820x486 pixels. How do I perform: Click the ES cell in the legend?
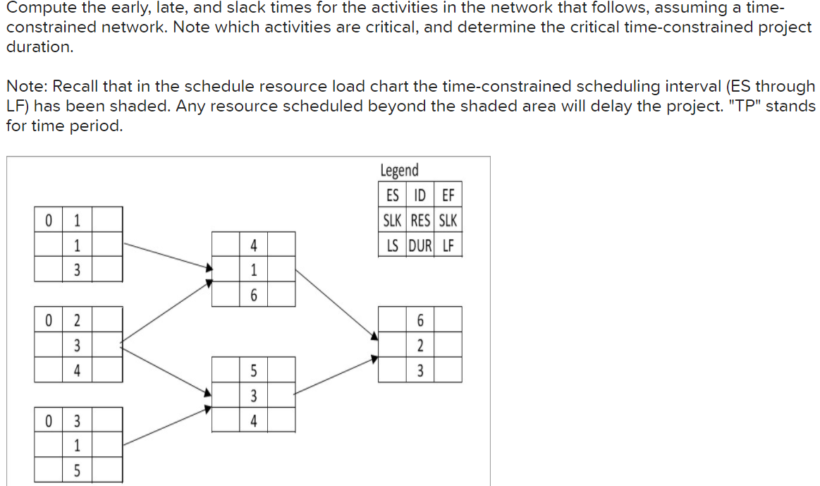click(x=393, y=195)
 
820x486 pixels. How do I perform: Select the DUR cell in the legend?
click(x=420, y=245)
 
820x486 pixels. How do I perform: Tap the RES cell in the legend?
click(x=420, y=220)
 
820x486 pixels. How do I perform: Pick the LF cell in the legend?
click(x=448, y=245)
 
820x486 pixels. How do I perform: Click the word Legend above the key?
click(x=399, y=170)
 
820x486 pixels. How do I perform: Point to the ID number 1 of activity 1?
click(x=78, y=219)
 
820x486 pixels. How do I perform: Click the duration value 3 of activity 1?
click(x=78, y=269)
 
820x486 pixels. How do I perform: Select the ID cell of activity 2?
click(x=78, y=320)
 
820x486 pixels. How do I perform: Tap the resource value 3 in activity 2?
click(x=78, y=345)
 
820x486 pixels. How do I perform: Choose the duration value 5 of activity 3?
click(x=78, y=469)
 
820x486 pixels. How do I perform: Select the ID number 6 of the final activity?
click(x=420, y=320)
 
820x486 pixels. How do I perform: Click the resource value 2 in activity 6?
click(x=420, y=345)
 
